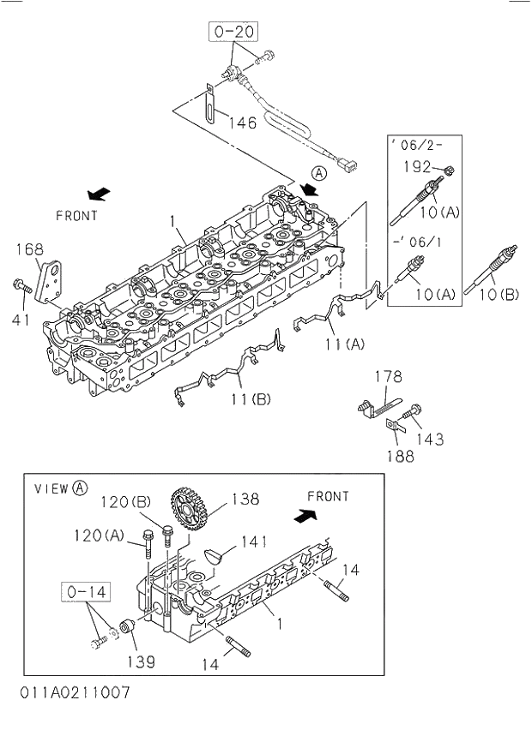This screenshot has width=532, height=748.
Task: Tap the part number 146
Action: click(242, 123)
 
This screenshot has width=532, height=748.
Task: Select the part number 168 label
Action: click(28, 249)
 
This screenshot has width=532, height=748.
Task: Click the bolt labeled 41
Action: click(20, 285)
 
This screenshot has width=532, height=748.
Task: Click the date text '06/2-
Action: click(416, 145)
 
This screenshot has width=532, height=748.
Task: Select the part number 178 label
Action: click(388, 376)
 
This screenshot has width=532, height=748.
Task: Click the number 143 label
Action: click(430, 439)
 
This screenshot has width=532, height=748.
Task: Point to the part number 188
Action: click(399, 456)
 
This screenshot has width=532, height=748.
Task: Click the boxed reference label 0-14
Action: click(85, 591)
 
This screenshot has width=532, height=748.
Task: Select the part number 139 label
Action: click(142, 661)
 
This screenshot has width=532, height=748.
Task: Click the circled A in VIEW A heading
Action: click(80, 488)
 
